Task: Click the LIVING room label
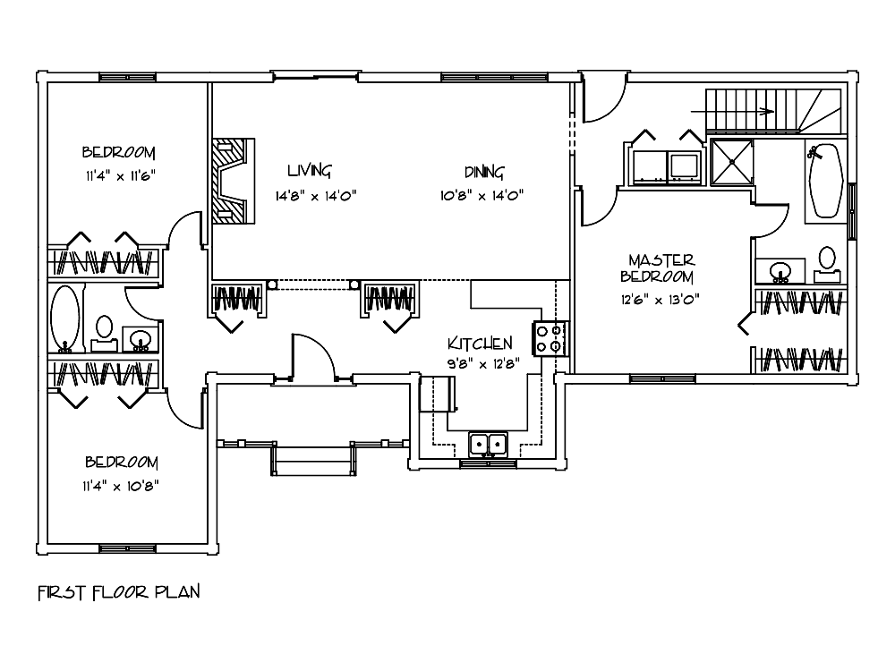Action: click(x=310, y=171)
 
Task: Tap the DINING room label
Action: click(x=484, y=172)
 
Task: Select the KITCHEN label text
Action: click(x=480, y=344)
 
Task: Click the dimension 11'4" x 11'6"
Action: click(x=119, y=175)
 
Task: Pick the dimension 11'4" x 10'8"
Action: click(x=122, y=486)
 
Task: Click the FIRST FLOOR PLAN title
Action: click(x=117, y=591)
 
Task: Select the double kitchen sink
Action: click(x=488, y=443)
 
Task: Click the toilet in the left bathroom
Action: click(x=104, y=328)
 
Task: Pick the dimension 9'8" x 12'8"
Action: click(x=481, y=363)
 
